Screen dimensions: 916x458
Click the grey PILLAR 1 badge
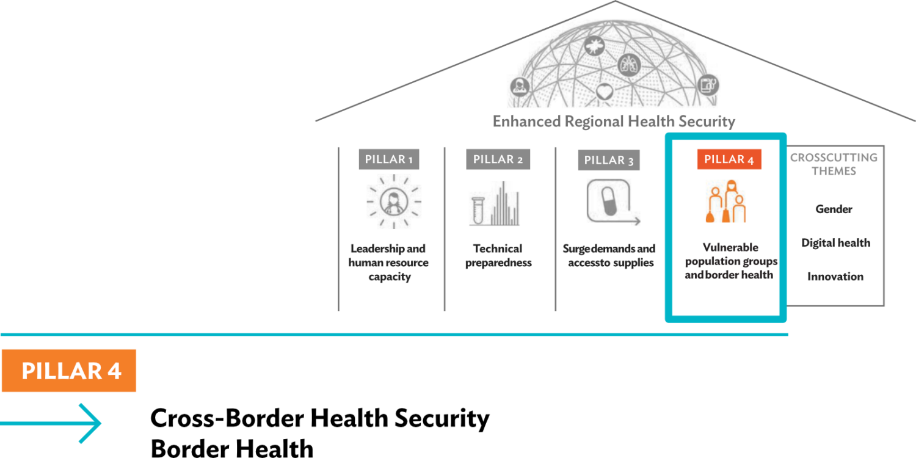tap(389, 159)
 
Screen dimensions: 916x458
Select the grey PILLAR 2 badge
tap(498, 159)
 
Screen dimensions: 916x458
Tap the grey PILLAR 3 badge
tap(609, 160)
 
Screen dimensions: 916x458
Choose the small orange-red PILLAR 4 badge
tap(729, 159)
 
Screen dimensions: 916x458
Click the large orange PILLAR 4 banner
tap(69, 371)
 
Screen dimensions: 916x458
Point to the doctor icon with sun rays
tap(394, 201)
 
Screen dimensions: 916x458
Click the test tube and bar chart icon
tap(495, 203)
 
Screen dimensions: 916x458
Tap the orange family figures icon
tap(726, 202)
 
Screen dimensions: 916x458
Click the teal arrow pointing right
tap(50, 424)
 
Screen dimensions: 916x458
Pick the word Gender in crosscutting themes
tap(834, 209)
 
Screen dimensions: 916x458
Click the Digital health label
tap(835, 243)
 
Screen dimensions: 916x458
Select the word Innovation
tap(835, 277)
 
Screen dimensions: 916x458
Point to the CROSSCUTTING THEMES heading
tap(834, 164)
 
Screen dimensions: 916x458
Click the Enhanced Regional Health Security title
tap(614, 122)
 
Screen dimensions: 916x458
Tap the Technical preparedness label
tap(498, 256)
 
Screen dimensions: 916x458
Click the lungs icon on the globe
tap(629, 65)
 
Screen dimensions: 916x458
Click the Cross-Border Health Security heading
tap(320, 418)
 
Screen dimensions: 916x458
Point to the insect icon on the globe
tap(594, 45)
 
